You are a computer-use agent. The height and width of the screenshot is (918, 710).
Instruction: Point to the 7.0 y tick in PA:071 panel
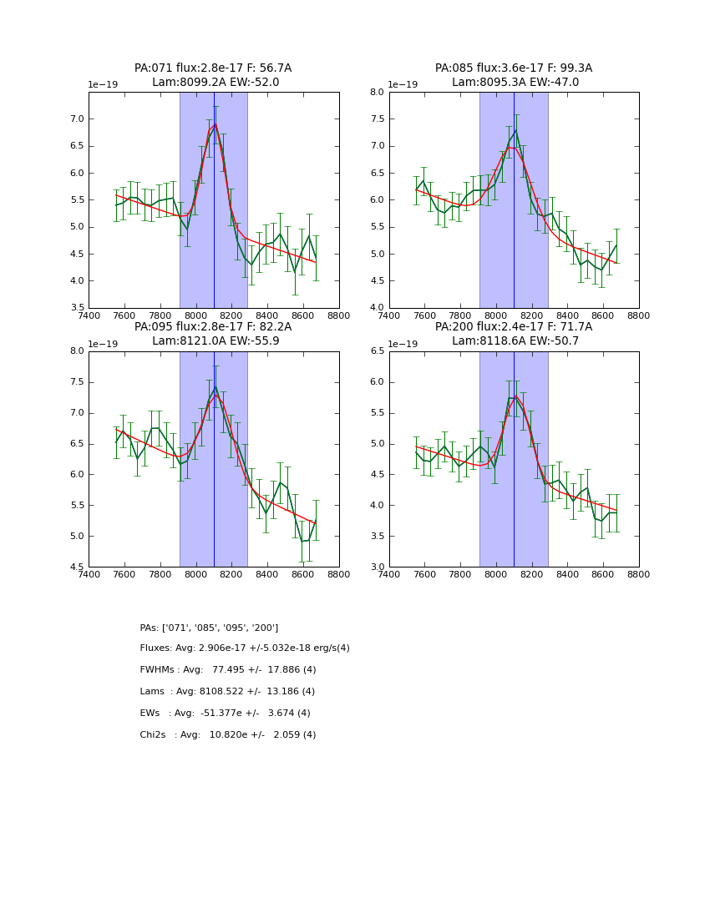point(76,119)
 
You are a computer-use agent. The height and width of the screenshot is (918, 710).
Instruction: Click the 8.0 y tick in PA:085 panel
point(377,93)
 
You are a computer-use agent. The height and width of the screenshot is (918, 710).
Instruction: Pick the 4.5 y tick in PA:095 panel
point(76,567)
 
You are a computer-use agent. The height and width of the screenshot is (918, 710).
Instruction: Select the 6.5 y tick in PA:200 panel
point(377,351)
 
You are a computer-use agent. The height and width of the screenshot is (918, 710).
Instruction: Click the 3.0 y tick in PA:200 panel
point(377,567)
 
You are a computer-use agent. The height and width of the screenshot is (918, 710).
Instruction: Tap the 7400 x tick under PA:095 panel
point(89,574)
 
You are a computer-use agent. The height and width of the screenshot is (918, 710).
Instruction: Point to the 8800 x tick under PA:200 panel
point(639,574)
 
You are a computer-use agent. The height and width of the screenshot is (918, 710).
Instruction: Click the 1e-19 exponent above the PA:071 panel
point(103,85)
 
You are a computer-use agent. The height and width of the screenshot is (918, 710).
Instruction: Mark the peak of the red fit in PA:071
point(215,125)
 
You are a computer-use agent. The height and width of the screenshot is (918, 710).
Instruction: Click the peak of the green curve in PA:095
point(215,386)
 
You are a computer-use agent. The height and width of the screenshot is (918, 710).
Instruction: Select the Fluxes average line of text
point(245,648)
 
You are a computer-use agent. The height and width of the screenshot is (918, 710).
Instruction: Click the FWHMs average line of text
point(228,670)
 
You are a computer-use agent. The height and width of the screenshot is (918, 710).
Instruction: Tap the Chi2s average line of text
point(228,735)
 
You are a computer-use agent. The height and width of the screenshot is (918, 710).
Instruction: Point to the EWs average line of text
point(225,714)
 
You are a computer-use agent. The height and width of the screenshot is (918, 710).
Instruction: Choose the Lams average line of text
point(227,692)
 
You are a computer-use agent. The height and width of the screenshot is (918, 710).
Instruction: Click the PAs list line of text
point(209,628)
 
